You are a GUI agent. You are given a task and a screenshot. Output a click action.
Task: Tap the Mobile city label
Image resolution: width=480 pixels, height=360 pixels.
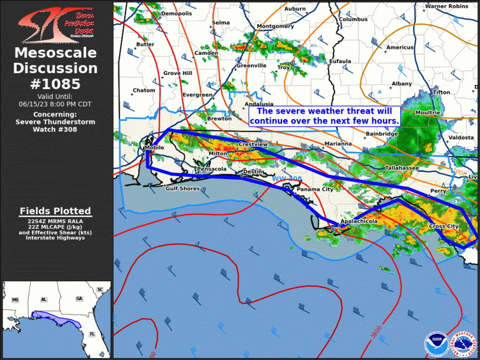point(154,148)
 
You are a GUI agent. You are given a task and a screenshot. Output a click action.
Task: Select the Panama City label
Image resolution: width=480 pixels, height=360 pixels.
point(315,189)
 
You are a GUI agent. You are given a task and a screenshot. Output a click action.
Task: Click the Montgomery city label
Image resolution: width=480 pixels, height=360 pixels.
point(275,27)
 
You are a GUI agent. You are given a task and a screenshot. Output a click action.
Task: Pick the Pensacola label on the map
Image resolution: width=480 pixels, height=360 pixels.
point(211,169)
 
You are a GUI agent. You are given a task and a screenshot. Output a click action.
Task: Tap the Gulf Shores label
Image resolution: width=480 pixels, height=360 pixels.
point(183,189)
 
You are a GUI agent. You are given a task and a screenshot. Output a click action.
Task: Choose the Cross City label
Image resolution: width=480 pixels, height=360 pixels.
point(443,226)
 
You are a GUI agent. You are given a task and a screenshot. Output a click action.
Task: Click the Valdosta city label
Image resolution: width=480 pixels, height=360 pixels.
point(461,137)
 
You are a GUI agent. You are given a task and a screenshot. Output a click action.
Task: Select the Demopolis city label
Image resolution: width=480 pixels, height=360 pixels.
point(177,14)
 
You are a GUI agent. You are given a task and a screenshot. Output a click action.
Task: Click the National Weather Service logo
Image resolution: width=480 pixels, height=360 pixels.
point(465,344)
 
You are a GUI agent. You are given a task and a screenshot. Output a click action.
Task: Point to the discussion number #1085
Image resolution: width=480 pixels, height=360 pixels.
point(56,84)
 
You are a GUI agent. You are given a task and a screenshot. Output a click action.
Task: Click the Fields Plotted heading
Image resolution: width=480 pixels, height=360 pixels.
point(55,211)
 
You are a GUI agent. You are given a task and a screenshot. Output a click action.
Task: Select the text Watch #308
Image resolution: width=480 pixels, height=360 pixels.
point(55,129)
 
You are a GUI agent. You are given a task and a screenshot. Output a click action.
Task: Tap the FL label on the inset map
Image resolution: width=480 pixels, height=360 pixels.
point(92,333)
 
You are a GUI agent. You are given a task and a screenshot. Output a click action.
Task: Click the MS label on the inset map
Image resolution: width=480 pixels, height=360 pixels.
point(15,300)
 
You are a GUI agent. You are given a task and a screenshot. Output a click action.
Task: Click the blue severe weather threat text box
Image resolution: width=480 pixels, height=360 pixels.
point(325,116)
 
